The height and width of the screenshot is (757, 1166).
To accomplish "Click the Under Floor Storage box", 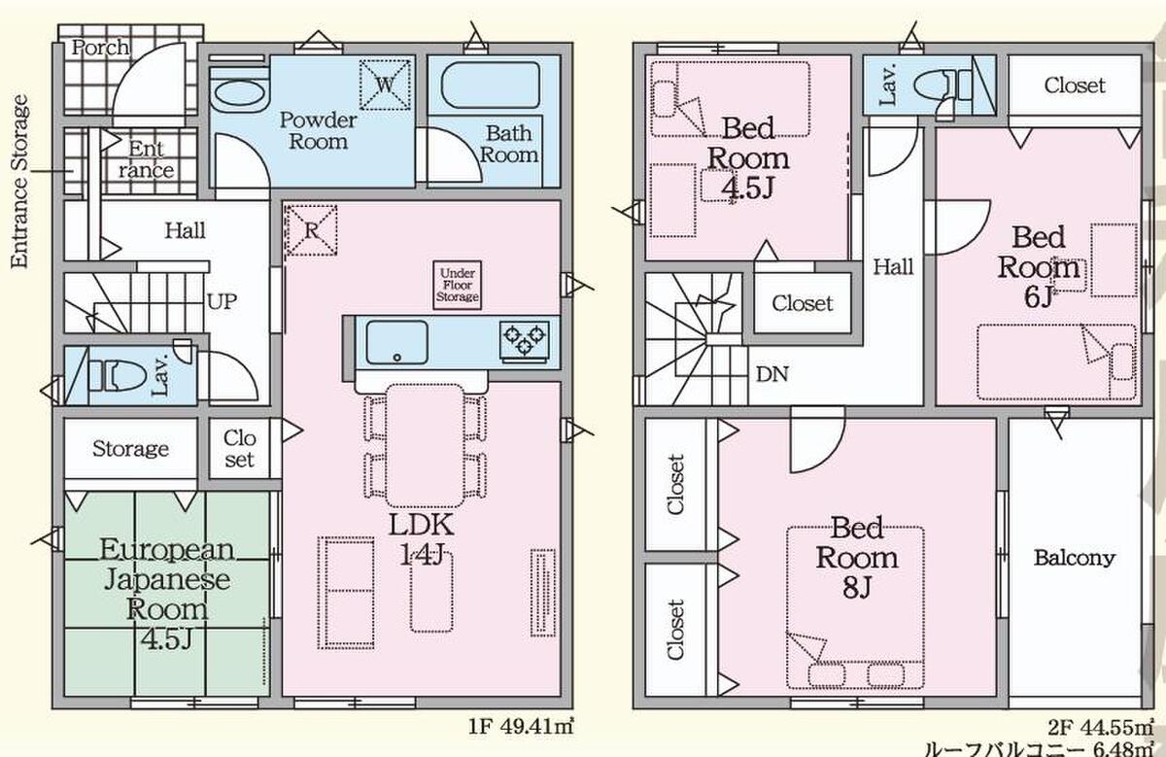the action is click(457, 286).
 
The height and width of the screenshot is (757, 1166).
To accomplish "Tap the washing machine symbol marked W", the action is click(385, 85).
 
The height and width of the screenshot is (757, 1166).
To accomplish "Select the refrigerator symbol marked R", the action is click(311, 230).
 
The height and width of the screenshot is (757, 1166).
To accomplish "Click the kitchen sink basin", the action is click(397, 342).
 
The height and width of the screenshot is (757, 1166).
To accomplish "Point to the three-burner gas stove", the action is click(524, 339).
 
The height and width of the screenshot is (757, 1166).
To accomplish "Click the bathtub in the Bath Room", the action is click(491, 86).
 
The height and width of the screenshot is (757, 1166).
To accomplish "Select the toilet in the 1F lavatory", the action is click(116, 376).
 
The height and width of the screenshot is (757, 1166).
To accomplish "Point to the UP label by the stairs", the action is click(223, 301).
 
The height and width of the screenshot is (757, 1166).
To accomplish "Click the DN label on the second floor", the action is click(772, 374).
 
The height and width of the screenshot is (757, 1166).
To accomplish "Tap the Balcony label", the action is click(1075, 558).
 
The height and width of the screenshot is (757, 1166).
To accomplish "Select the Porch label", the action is click(100, 48).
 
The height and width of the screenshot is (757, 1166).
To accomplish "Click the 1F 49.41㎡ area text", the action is click(522, 726).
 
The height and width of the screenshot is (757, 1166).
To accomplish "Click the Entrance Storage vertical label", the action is click(19, 181).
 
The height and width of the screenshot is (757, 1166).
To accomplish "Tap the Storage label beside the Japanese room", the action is click(130, 449).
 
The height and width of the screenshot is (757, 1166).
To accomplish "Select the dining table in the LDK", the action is click(425, 446).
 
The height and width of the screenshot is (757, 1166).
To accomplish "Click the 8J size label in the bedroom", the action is click(857, 588).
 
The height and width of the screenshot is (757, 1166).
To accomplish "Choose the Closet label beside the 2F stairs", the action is click(803, 303).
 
